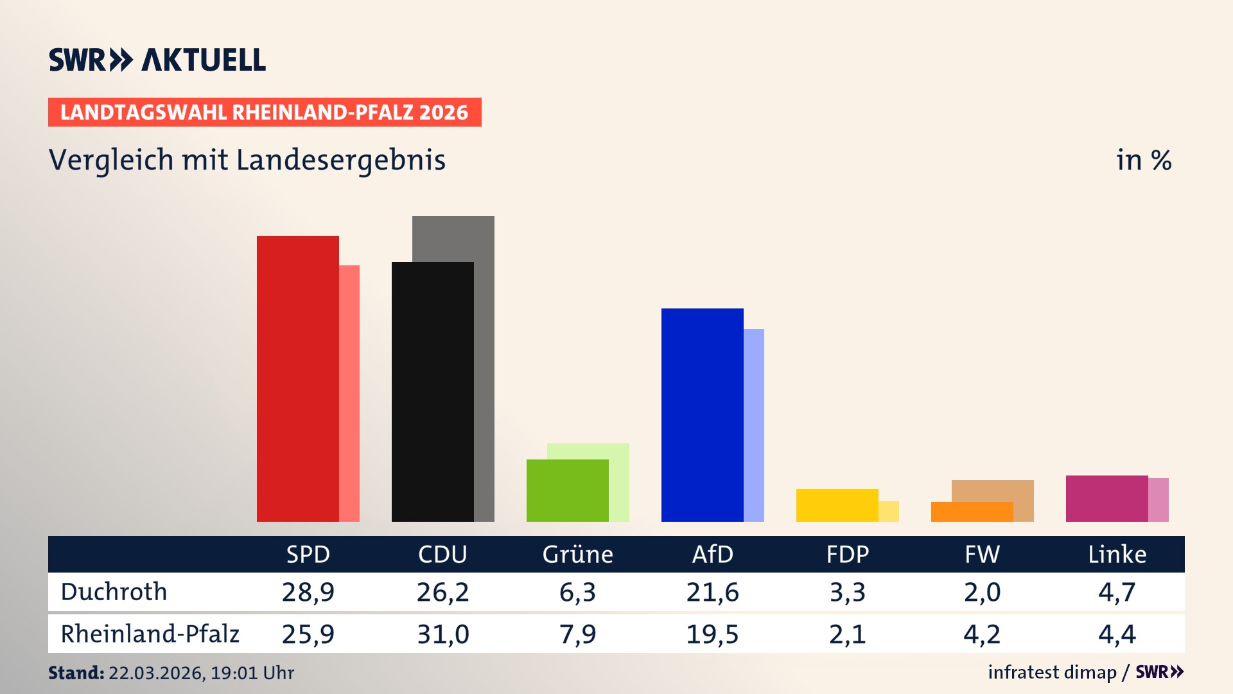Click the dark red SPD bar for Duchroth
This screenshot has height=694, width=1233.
coord(298,379)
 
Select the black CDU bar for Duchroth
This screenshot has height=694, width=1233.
coord(433,392)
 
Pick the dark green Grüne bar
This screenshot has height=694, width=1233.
coord(568,490)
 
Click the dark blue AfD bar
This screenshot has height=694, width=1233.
coord(703,415)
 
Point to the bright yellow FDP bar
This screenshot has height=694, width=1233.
coord(837,505)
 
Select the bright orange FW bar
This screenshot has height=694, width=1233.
coord(972,512)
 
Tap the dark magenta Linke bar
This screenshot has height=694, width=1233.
coord(1107,499)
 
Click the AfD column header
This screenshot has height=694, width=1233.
coord(712,554)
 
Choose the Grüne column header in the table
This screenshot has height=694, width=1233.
coord(577,554)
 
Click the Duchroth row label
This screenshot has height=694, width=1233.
coord(114,592)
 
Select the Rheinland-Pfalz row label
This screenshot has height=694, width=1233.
coord(150,634)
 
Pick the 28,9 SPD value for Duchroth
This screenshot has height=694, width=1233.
coord(308,592)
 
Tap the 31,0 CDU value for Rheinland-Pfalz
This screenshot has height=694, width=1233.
coord(443,634)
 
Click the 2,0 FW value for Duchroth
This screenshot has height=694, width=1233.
coord(982,592)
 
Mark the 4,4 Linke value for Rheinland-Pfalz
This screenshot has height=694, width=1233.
coord(1117,634)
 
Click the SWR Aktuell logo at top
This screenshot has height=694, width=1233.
coord(157,60)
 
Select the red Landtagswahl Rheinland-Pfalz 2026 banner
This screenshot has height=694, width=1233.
coord(265,112)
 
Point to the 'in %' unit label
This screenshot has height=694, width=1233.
coord(1144,161)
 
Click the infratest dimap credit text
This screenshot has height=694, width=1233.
coord(1052,672)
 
